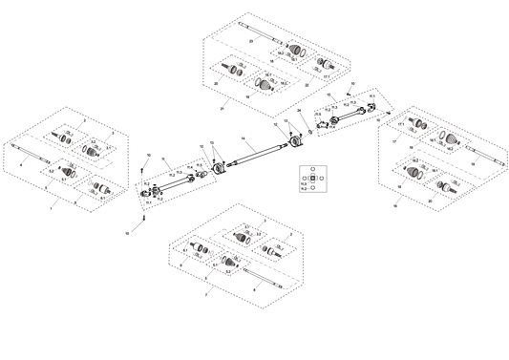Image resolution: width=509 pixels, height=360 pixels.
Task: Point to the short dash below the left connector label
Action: tap(138, 227)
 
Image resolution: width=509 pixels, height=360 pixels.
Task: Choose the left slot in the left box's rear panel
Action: tap(67, 134)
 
